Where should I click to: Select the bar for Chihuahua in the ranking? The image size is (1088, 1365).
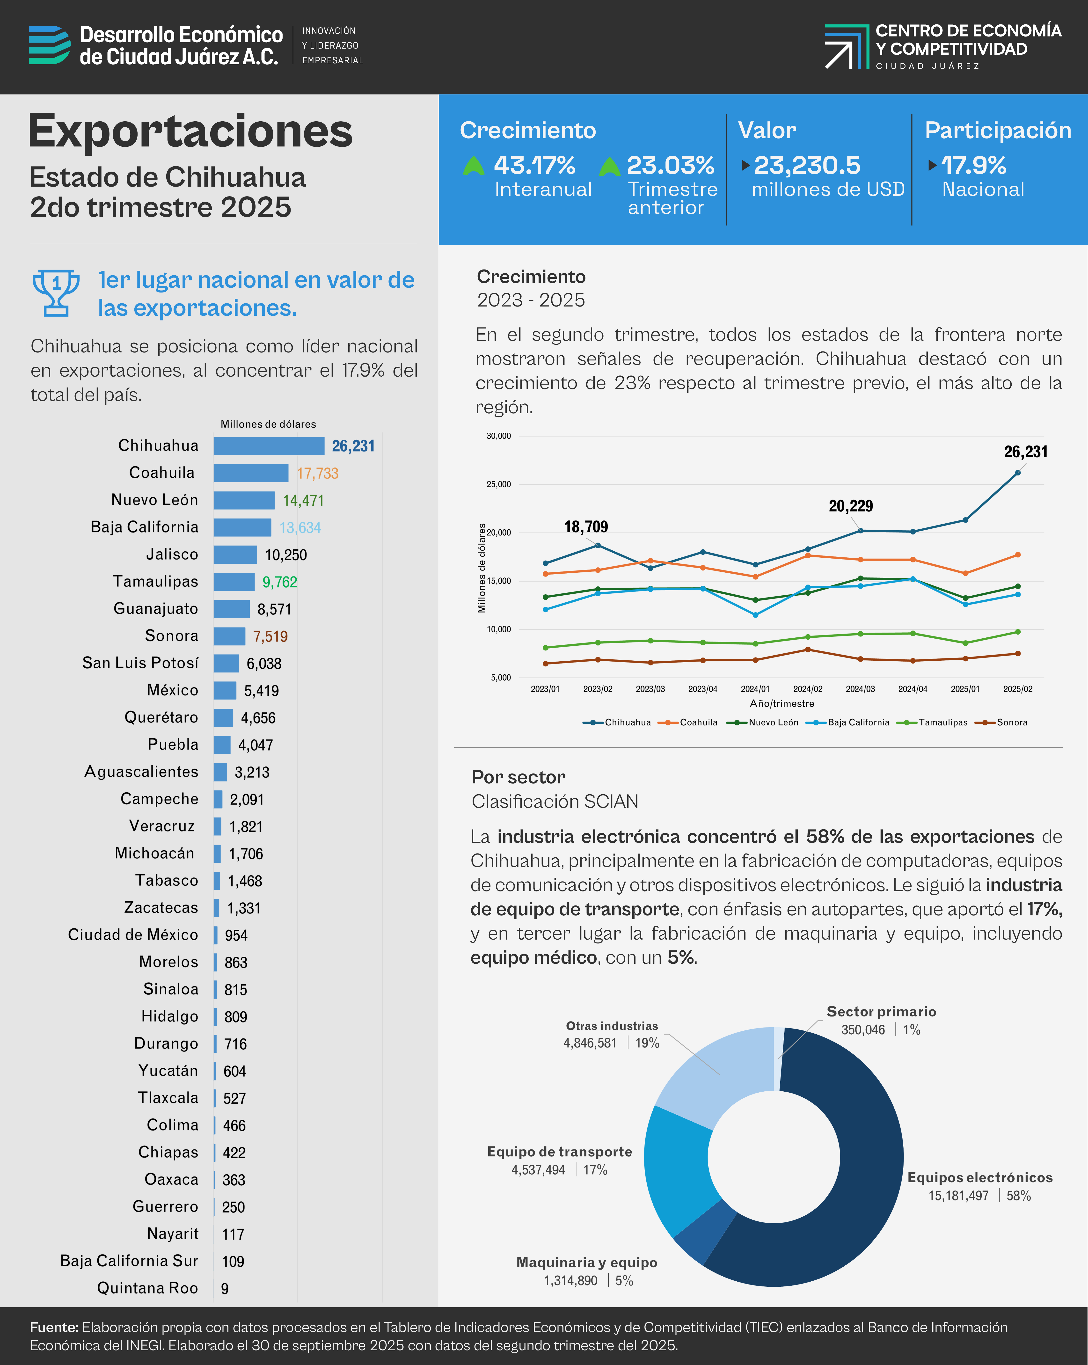coord(269,446)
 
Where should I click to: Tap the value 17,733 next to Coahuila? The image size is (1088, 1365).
coord(317,474)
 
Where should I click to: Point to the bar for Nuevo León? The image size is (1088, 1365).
coord(244,500)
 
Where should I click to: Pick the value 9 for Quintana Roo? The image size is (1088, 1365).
coord(225,1288)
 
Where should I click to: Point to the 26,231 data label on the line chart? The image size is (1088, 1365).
coord(1025,452)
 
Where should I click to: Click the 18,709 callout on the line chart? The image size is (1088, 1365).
coord(586,527)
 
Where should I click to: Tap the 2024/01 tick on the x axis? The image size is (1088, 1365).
coord(755,689)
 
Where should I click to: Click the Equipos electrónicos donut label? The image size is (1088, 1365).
coord(980,1178)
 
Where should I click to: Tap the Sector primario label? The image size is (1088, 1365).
coord(881,1012)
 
